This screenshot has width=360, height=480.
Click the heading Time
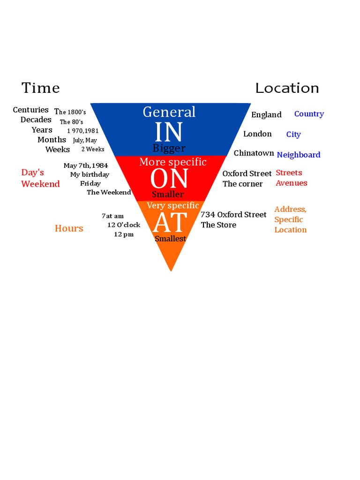(x=41, y=88)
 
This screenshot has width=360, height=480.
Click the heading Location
(x=287, y=88)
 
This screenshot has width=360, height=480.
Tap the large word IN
(x=169, y=132)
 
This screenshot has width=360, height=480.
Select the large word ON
(x=169, y=179)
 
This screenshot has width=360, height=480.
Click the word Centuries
(x=31, y=110)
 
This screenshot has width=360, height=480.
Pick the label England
(x=266, y=115)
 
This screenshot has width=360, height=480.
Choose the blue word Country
(x=309, y=114)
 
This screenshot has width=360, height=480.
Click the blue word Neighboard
(x=299, y=155)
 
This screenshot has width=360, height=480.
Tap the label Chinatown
(x=254, y=153)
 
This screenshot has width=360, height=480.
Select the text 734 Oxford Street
(x=233, y=215)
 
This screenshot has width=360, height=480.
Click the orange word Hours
(x=69, y=228)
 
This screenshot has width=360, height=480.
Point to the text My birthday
(x=90, y=174)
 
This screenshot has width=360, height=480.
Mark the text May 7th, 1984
(x=86, y=165)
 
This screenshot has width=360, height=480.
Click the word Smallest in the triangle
(x=170, y=239)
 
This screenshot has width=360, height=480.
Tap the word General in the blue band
(x=169, y=112)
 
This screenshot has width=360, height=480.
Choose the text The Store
(x=218, y=225)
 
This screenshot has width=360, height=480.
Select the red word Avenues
(x=292, y=183)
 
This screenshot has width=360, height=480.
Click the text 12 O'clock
(x=124, y=225)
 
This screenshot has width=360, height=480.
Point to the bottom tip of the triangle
(x=171, y=270)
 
